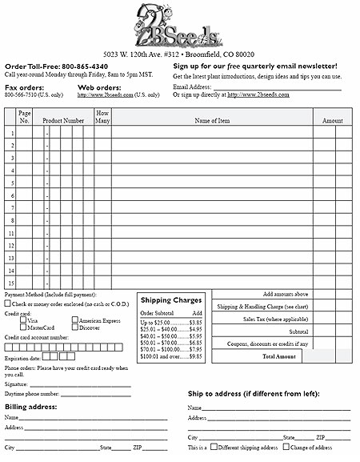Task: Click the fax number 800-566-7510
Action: (22, 94)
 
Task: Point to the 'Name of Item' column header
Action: (212, 120)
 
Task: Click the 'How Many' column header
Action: (102, 117)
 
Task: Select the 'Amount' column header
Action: (333, 120)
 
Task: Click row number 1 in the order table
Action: (11, 133)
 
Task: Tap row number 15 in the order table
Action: (11, 283)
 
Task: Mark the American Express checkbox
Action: (74, 320)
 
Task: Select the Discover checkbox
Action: (74, 327)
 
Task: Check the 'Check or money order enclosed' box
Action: (8, 303)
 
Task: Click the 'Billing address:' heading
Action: (31, 407)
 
